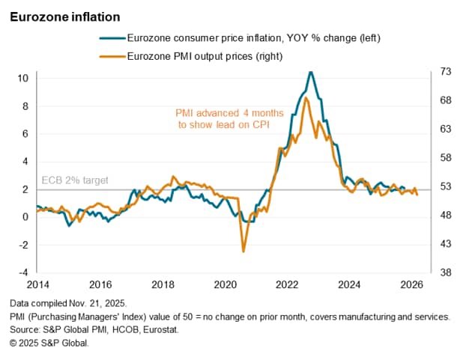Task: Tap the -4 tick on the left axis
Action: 22,272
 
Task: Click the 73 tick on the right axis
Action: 445,72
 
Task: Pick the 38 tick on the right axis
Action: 445,272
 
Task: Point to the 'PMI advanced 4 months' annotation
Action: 229,113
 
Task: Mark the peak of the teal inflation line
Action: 311,72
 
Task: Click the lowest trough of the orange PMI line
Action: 243,251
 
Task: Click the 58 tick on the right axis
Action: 445,158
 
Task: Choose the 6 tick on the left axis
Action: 25,133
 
